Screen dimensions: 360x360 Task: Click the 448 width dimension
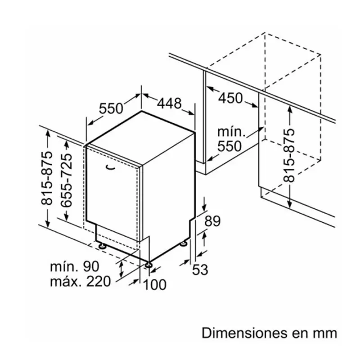169,103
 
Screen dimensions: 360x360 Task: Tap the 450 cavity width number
230,98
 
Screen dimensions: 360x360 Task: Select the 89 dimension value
212,221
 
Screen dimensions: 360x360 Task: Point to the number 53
200,269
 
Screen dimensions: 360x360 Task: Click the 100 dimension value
154,284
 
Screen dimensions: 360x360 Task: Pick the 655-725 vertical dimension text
67,180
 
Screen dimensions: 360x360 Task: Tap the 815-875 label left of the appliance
47,178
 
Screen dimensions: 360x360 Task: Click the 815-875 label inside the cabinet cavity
288,156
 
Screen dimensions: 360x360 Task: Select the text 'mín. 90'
75,266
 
